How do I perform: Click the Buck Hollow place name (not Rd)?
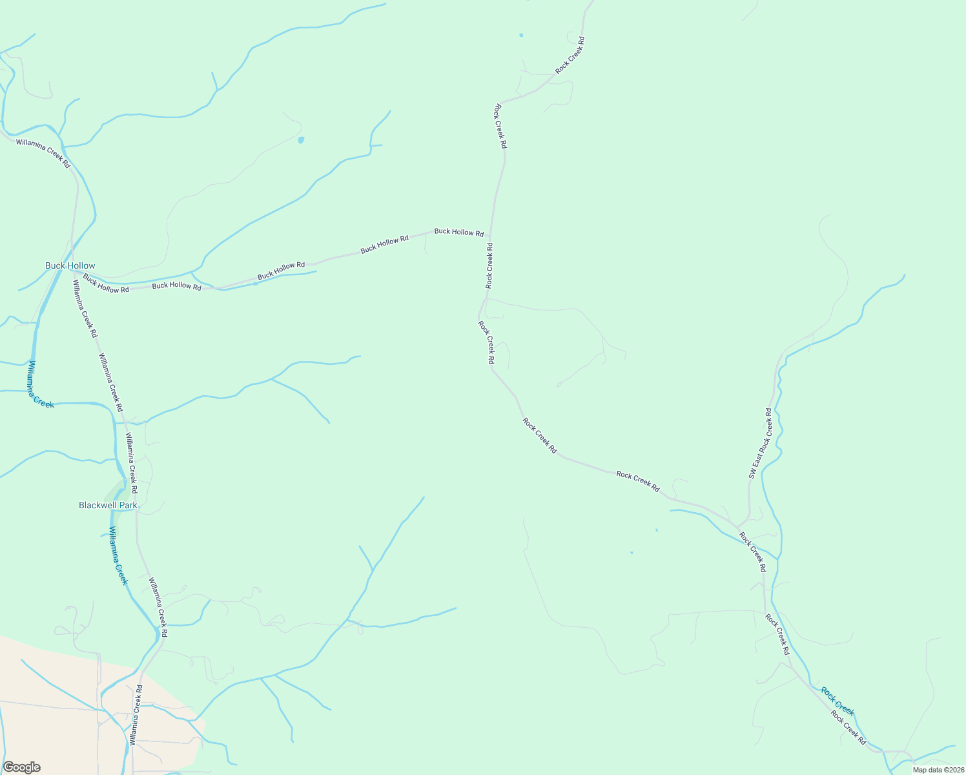(x=70, y=265)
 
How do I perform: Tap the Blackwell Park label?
(x=108, y=505)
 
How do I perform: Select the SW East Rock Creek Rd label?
(x=761, y=443)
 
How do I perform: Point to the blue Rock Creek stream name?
(x=838, y=701)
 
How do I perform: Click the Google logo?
(x=22, y=767)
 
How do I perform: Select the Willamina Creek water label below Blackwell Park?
(x=118, y=555)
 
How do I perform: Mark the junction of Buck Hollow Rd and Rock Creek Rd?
(x=490, y=236)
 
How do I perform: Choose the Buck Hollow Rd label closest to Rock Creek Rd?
(x=458, y=231)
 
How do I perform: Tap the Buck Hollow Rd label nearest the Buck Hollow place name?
(x=106, y=284)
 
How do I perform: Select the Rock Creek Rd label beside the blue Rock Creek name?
(x=848, y=727)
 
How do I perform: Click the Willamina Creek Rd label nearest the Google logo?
(x=135, y=715)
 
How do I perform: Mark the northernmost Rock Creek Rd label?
(x=570, y=54)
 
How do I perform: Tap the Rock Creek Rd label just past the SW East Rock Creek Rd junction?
(x=752, y=552)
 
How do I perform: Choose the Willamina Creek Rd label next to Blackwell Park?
(x=132, y=464)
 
